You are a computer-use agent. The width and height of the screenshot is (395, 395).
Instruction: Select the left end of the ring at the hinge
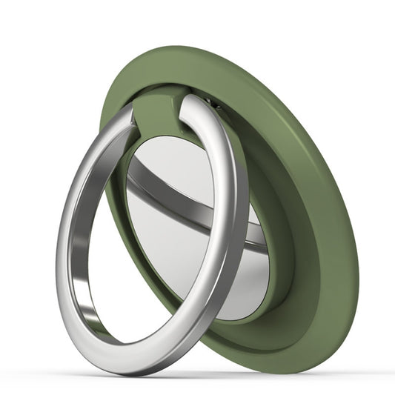pyautogui.click(x=128, y=117)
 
